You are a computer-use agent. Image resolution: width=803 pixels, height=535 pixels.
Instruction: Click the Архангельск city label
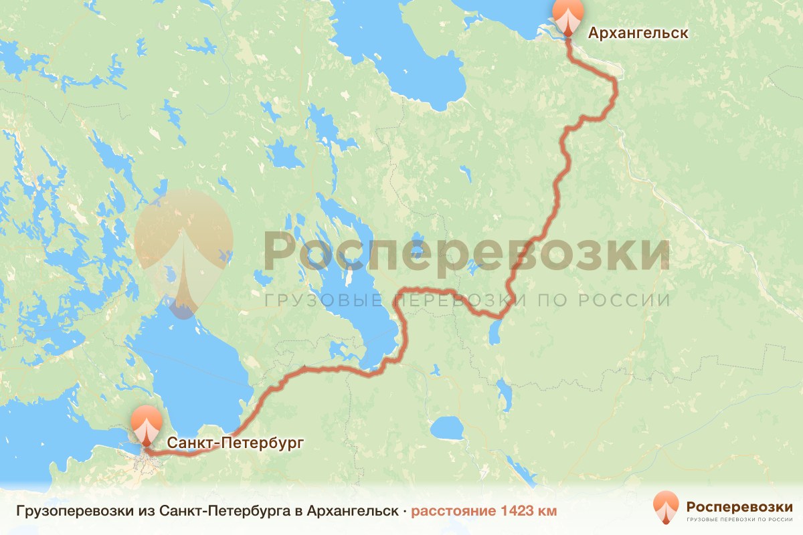637,33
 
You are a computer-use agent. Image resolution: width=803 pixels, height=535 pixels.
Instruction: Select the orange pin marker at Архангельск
567,16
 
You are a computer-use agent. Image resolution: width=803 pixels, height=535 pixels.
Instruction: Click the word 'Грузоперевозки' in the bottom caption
64,512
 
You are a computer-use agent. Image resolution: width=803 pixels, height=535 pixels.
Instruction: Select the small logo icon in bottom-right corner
666,508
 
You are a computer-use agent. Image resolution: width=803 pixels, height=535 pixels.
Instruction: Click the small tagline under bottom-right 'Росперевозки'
739,519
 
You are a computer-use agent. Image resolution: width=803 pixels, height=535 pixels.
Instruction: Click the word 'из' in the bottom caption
137,512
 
